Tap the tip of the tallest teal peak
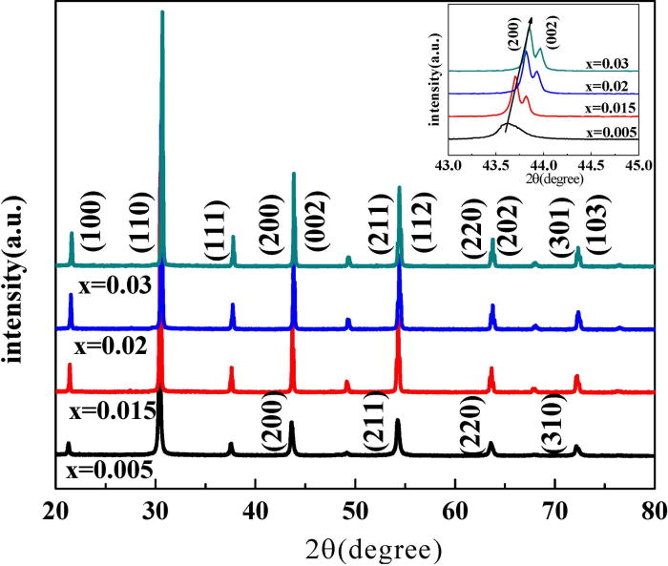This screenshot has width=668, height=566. (162, 12)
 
